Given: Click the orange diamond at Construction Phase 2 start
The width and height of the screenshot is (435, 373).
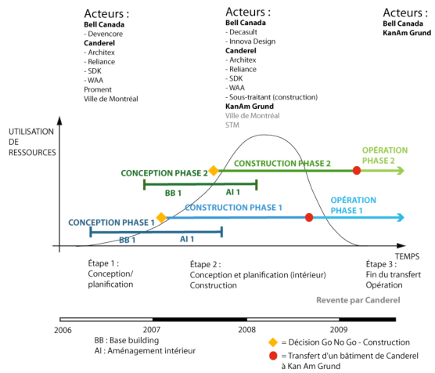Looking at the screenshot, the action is click(214, 170).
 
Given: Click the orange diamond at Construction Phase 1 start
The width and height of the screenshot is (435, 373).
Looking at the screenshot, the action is click(161, 217).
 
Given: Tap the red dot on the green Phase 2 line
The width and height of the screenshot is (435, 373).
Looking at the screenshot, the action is click(357, 170).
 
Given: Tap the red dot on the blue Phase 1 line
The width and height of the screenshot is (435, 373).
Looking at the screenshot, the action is click(309, 217).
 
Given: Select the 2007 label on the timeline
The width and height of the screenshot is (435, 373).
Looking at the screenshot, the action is click(152, 330).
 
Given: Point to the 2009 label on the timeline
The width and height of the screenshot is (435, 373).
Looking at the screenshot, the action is click(339, 330).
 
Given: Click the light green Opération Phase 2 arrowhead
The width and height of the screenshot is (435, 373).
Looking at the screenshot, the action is click(401, 170).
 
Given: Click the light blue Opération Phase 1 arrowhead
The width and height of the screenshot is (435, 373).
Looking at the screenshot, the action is click(401, 217).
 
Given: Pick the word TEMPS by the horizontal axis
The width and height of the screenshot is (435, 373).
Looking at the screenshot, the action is click(407, 256).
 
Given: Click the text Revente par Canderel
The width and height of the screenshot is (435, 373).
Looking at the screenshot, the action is click(358, 300).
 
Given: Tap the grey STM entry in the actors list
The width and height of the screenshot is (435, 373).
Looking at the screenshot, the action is click(232, 125).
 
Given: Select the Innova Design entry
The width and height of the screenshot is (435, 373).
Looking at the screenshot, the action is click(250, 42).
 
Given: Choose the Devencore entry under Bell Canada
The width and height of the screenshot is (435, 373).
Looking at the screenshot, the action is click(103, 34).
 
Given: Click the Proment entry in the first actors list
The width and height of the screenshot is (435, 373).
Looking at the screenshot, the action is click(98, 89).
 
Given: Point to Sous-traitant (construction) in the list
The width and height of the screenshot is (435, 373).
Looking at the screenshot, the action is click(271, 97).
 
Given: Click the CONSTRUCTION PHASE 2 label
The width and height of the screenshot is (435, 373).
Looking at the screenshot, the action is click(282, 164).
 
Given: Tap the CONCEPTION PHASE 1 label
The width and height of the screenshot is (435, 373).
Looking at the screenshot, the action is click(111, 223).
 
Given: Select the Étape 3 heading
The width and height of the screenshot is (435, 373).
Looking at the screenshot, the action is click(381, 264).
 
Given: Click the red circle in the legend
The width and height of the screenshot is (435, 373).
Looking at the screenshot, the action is click(273, 356).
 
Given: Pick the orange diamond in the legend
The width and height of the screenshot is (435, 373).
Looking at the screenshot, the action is click(273, 342).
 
